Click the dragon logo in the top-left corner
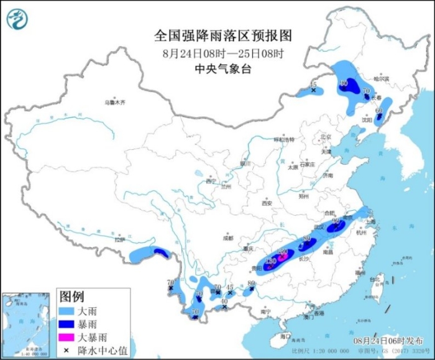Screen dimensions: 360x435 [17, 19]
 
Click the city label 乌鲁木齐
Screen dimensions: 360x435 [114, 101]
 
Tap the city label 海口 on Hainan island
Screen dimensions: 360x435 [285, 336]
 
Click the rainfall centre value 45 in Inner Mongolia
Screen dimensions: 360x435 [313, 85]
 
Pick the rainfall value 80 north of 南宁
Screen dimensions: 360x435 [251, 284]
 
